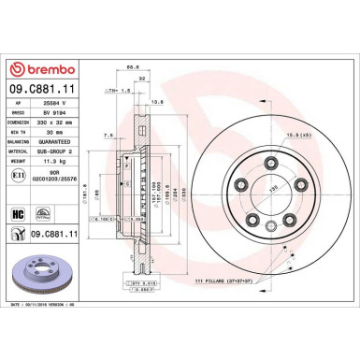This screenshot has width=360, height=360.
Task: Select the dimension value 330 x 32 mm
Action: click(x=64, y=121)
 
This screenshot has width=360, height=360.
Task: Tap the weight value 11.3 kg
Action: click(x=59, y=162)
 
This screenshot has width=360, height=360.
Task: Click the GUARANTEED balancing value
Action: click(x=65, y=141)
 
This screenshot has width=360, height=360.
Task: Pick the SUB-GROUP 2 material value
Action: click(x=65, y=151)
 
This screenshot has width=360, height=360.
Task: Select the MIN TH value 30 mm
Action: click(x=55, y=131)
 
